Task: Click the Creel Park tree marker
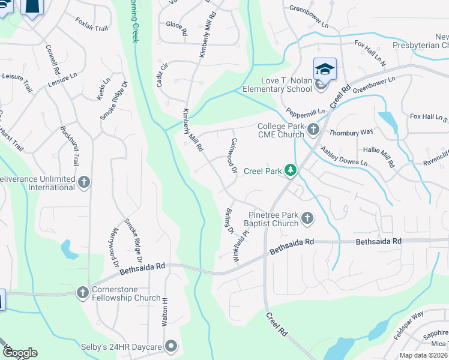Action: (x=291, y=171)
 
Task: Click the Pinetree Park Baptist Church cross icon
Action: (x=307, y=218)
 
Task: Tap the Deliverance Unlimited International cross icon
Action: (x=84, y=182)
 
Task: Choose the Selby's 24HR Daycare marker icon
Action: (x=172, y=346)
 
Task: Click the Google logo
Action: (x=20, y=353)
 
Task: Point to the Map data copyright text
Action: (x=424, y=355)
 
